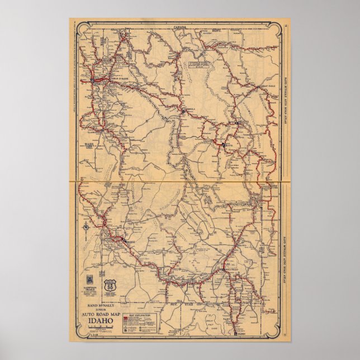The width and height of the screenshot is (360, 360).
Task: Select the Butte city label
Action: click(x=227, y=146)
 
